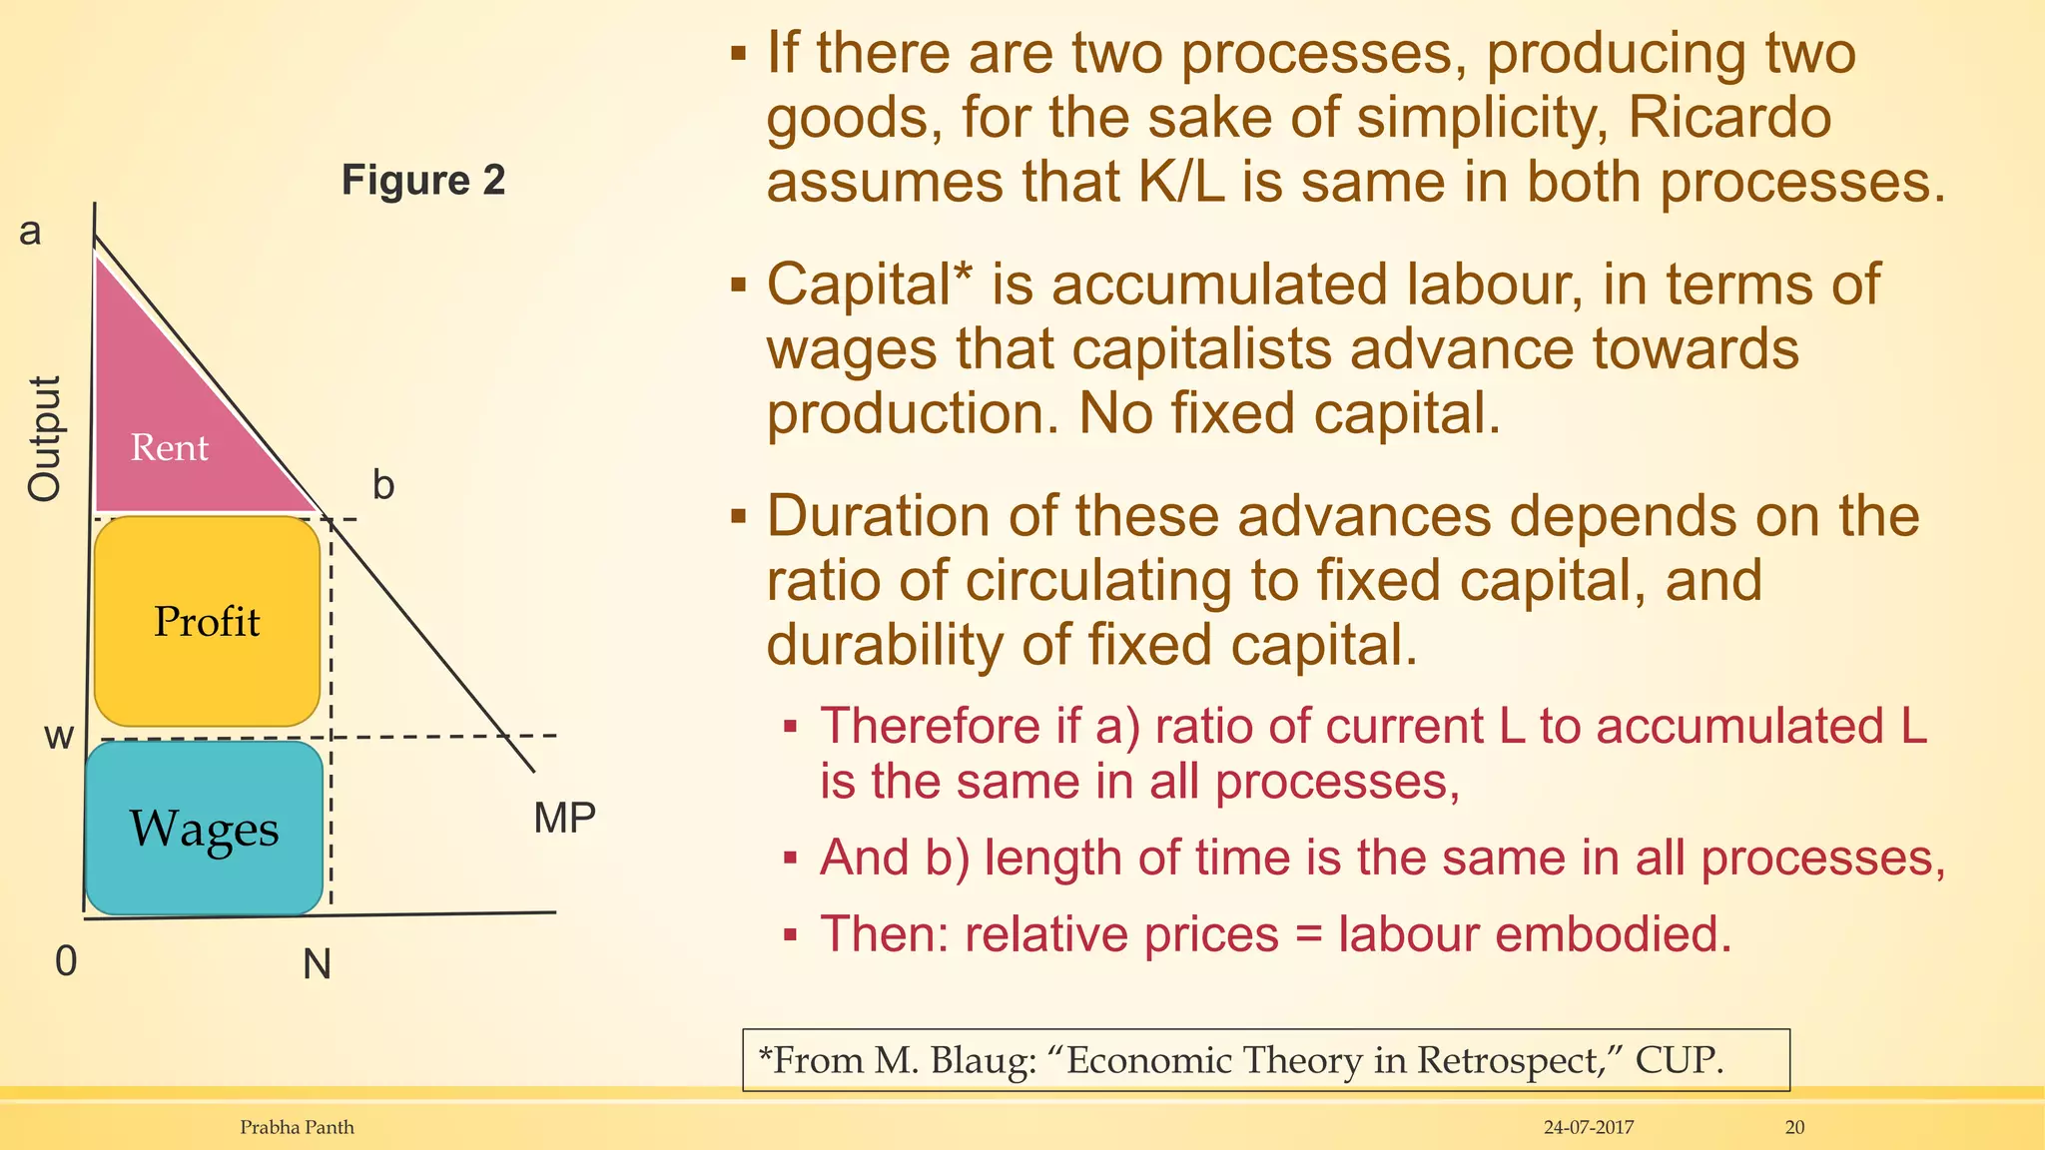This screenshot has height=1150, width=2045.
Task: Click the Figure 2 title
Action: click(x=423, y=181)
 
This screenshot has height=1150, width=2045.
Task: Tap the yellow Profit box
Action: click(x=207, y=621)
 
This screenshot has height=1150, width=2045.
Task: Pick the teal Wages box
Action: click(x=204, y=829)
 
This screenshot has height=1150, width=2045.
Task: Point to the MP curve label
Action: click(x=564, y=819)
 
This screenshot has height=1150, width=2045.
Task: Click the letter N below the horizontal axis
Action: click(x=317, y=964)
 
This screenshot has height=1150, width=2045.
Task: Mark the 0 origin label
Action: click(x=66, y=961)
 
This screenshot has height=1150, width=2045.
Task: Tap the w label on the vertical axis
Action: click(x=59, y=737)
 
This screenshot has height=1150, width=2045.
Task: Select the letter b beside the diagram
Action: click(x=383, y=485)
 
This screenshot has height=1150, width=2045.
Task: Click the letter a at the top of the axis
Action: click(x=30, y=231)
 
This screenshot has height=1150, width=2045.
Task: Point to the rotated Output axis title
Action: click(x=45, y=438)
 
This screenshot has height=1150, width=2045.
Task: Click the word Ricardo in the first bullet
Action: click(x=1729, y=118)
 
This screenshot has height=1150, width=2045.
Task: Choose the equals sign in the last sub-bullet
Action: click(x=1308, y=935)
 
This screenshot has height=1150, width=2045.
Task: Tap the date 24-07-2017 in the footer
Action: click(x=1588, y=1128)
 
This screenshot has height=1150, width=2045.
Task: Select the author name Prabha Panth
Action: click(x=297, y=1128)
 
